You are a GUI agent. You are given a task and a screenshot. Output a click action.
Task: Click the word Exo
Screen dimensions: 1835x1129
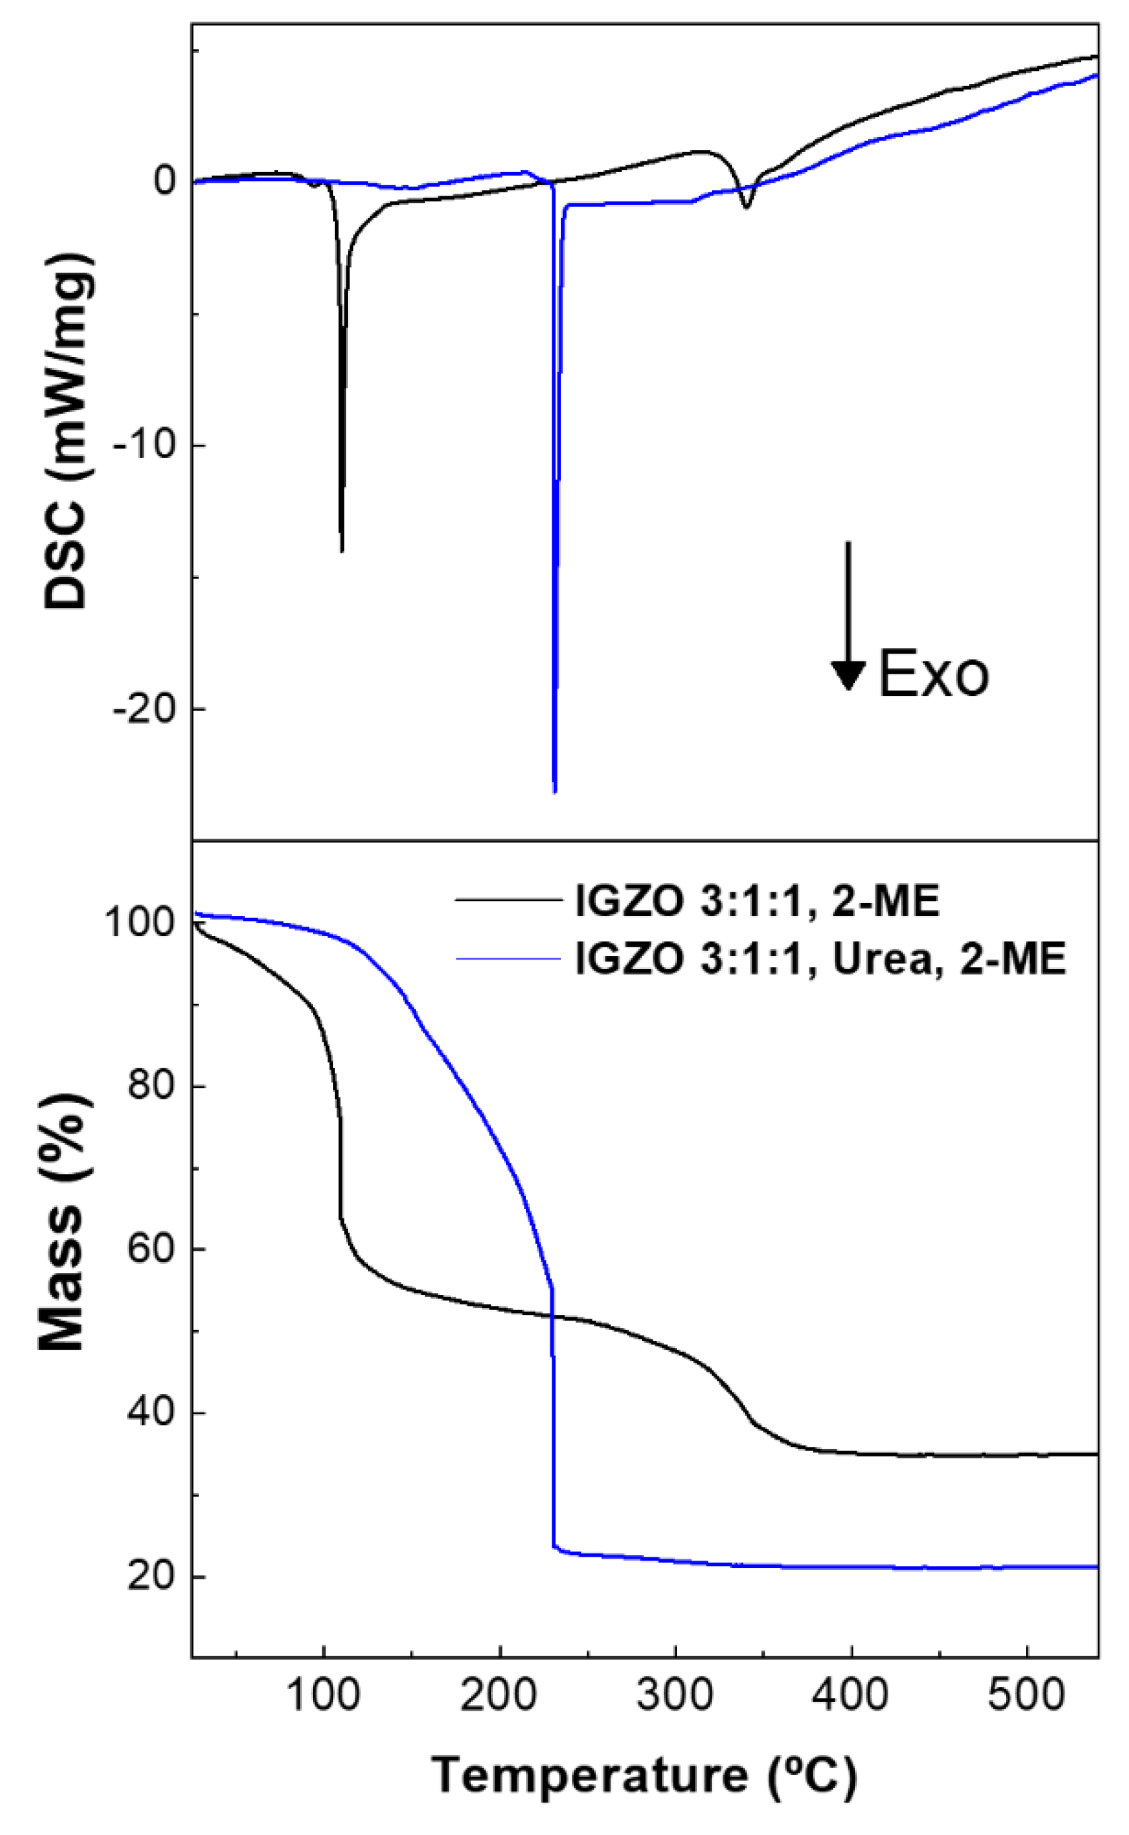click(933, 674)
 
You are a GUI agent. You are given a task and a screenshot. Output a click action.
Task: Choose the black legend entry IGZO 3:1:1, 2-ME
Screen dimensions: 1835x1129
click(756, 901)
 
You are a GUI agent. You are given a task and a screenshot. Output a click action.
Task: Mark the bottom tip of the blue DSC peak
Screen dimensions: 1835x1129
click(554, 791)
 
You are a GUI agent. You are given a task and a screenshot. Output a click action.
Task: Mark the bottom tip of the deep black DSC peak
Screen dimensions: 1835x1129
click(342, 551)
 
